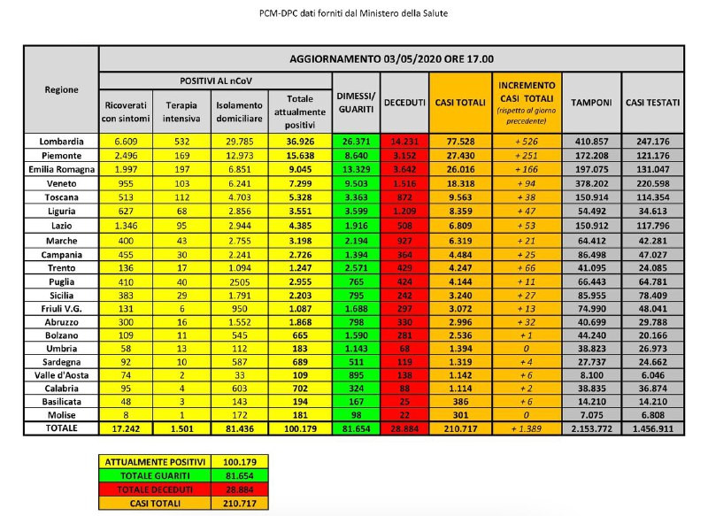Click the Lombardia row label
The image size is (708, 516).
pyautogui.click(x=62, y=141)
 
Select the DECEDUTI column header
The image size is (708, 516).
pyautogui.click(x=404, y=103)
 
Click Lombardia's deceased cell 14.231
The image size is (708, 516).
pyautogui.click(x=404, y=141)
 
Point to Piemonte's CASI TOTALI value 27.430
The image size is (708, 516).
pyautogui.click(x=460, y=155)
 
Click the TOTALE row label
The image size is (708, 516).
pyautogui.click(x=62, y=428)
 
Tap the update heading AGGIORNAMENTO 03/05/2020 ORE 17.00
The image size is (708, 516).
pyautogui.click(x=390, y=59)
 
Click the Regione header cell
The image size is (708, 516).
pyautogui.click(x=62, y=89)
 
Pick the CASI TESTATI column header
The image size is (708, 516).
pyautogui.click(x=653, y=103)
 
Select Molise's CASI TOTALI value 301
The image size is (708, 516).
pyautogui.click(x=460, y=414)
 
